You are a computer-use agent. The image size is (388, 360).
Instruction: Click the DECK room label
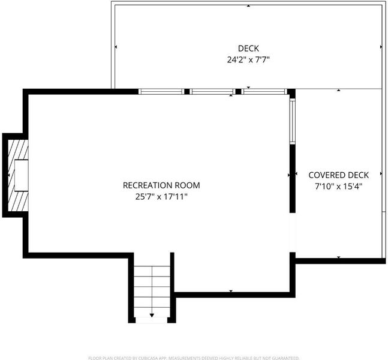[x=248, y=48]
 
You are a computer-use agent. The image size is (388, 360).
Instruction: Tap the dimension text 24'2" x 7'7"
[x=248, y=59]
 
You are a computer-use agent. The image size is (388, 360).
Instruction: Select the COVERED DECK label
[x=338, y=175]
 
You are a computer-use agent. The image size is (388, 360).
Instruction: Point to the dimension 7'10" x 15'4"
[x=338, y=186]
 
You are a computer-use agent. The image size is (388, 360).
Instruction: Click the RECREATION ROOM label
[x=161, y=185]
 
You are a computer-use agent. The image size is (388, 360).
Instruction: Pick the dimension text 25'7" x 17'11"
[x=161, y=197]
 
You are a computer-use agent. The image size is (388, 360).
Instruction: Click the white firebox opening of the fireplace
[x=21, y=175]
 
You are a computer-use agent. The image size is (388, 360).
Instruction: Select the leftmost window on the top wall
[x=161, y=92]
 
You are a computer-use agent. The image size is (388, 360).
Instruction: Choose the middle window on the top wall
[x=212, y=92]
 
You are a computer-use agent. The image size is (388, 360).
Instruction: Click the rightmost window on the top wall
[x=264, y=92]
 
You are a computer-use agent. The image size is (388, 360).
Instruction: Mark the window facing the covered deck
[x=293, y=121]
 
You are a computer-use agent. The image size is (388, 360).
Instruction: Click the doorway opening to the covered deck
[x=293, y=232]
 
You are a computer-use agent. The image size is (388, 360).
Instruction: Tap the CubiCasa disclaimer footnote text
[x=194, y=358]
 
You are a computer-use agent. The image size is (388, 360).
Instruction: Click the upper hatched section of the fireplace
[x=18, y=150]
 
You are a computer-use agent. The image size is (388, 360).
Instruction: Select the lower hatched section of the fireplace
[x=18, y=201]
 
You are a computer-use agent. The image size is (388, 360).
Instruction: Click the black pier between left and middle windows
[x=187, y=92]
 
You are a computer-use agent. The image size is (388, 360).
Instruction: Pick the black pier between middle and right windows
[x=238, y=92]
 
